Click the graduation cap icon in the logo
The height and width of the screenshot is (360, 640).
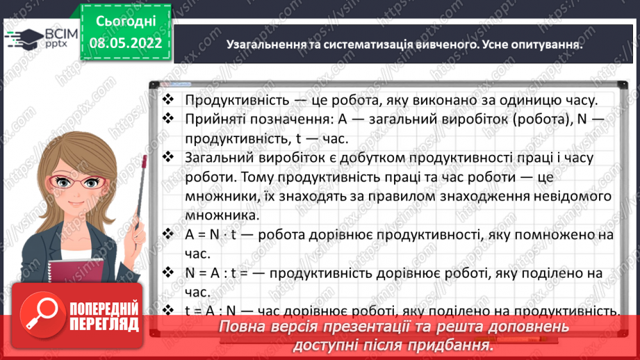click(22, 36)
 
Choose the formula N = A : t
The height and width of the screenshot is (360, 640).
click(215, 273)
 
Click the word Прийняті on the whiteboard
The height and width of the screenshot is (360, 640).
click(211, 120)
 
